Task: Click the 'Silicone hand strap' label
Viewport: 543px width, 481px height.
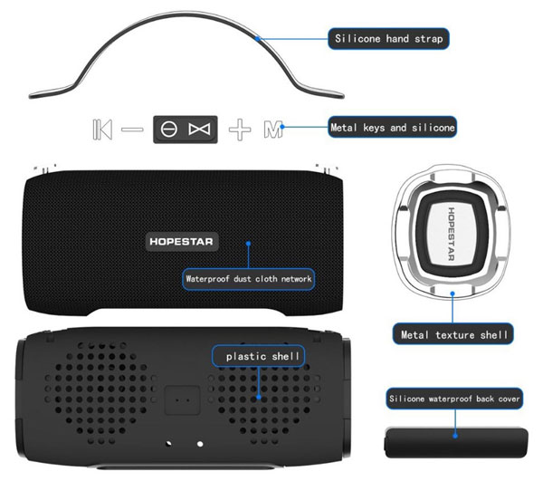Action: click(x=388, y=38)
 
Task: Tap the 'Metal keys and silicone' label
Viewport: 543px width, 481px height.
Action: click(x=393, y=127)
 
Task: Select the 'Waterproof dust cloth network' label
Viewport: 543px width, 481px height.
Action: click(x=248, y=279)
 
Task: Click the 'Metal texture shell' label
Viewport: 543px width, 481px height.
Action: click(x=453, y=334)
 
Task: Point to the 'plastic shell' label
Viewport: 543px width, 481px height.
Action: click(x=259, y=356)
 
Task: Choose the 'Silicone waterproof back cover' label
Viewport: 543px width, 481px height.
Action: click(x=454, y=399)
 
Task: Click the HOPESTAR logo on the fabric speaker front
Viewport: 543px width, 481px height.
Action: click(x=182, y=242)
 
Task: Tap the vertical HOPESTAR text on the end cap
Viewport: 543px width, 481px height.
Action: click(x=452, y=234)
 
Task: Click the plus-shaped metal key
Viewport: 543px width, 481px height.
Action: click(x=240, y=130)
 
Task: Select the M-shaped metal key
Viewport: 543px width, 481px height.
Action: click(x=273, y=130)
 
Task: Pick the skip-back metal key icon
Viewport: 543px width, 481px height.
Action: click(x=102, y=130)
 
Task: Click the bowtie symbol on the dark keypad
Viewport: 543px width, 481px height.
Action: click(x=199, y=130)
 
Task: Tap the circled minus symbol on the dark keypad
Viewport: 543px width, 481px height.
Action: click(x=169, y=130)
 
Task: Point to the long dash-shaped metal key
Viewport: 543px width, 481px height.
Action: click(x=132, y=130)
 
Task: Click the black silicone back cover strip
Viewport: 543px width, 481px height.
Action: click(x=456, y=443)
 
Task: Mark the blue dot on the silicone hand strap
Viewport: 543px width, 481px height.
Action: click(x=257, y=38)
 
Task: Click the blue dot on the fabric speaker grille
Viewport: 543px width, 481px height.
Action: click(x=248, y=244)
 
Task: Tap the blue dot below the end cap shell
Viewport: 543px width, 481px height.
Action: click(x=452, y=293)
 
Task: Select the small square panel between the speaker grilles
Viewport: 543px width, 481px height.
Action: click(x=183, y=400)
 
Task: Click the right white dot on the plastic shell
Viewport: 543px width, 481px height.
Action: click(x=200, y=444)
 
